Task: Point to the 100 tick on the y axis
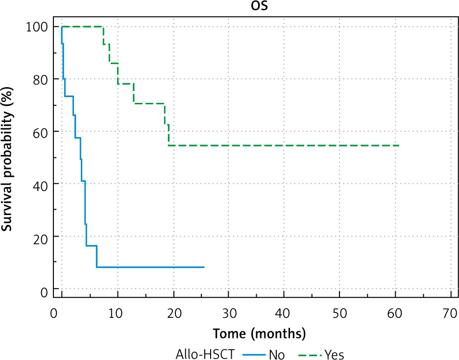(x=37, y=26)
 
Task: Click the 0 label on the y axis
(x=43, y=293)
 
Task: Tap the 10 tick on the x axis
(x=116, y=312)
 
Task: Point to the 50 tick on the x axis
(x=339, y=312)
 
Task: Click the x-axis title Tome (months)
(x=259, y=334)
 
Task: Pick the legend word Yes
(x=334, y=354)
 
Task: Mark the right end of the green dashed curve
(x=399, y=145)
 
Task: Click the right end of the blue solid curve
(x=204, y=267)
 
